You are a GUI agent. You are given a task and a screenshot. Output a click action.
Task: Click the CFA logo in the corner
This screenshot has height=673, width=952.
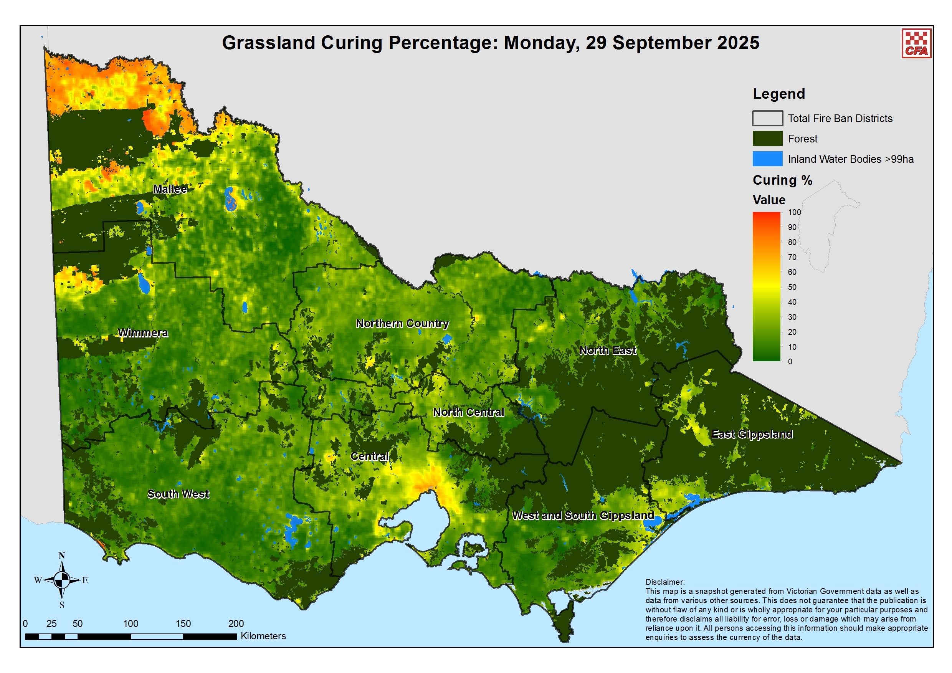(917, 43)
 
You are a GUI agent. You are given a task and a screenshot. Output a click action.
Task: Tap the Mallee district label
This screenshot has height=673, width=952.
(170, 189)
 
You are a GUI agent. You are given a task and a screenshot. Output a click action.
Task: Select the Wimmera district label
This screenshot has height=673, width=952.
(143, 333)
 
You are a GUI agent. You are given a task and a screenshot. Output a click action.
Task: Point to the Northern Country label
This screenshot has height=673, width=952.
(402, 323)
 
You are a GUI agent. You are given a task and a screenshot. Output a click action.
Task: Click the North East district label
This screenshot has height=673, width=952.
(607, 351)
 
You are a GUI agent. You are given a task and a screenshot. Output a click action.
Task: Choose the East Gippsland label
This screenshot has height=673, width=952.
(752, 434)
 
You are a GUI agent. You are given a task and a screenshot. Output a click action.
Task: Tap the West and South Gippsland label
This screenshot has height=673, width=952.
(583, 516)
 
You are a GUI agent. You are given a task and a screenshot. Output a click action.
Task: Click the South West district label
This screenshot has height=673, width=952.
(178, 494)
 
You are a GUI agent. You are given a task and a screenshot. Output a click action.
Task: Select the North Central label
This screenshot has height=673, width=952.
(469, 412)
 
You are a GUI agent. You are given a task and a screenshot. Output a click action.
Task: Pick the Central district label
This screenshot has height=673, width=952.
(369, 456)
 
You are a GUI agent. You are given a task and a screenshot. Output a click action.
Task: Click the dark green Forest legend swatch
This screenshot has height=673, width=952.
(767, 139)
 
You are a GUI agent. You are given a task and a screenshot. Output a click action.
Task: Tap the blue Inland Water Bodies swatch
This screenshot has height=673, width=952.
(767, 159)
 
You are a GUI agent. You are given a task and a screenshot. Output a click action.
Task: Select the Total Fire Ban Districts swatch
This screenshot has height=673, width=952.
(767, 118)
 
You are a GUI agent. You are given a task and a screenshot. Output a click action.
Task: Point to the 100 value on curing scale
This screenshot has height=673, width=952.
(795, 212)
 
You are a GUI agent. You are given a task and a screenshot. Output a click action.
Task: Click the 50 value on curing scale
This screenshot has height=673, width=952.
(792, 287)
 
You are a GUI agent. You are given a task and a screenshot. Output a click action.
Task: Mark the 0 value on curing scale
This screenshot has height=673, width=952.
(790, 362)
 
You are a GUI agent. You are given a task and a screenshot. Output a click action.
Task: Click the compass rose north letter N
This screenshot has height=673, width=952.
(62, 556)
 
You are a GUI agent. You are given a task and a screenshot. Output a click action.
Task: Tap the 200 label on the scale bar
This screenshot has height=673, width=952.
(236, 623)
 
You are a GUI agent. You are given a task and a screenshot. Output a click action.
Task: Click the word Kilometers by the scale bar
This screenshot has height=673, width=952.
(263, 636)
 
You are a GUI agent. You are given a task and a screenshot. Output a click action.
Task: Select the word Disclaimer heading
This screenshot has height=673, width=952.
(664, 582)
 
